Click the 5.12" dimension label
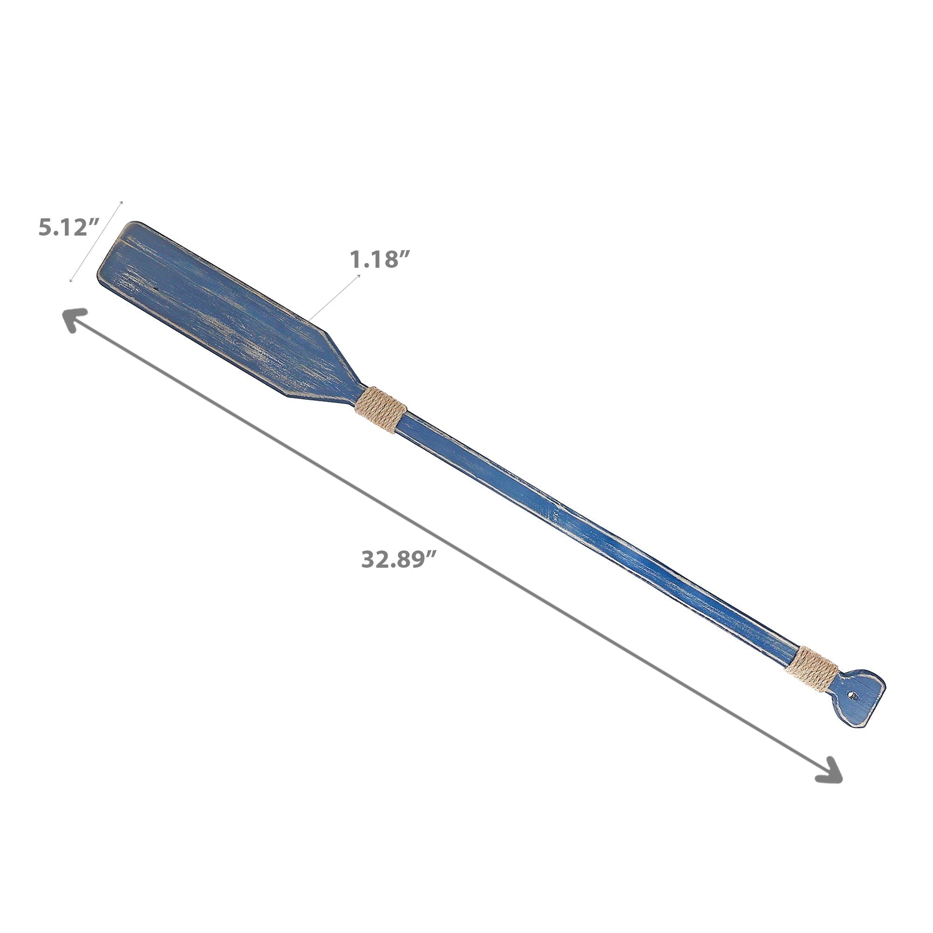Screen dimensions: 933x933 point(69,227)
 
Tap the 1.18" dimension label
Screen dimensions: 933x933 point(380,260)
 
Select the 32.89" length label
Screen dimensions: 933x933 point(399,559)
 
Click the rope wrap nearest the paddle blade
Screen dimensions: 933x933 point(381,410)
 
